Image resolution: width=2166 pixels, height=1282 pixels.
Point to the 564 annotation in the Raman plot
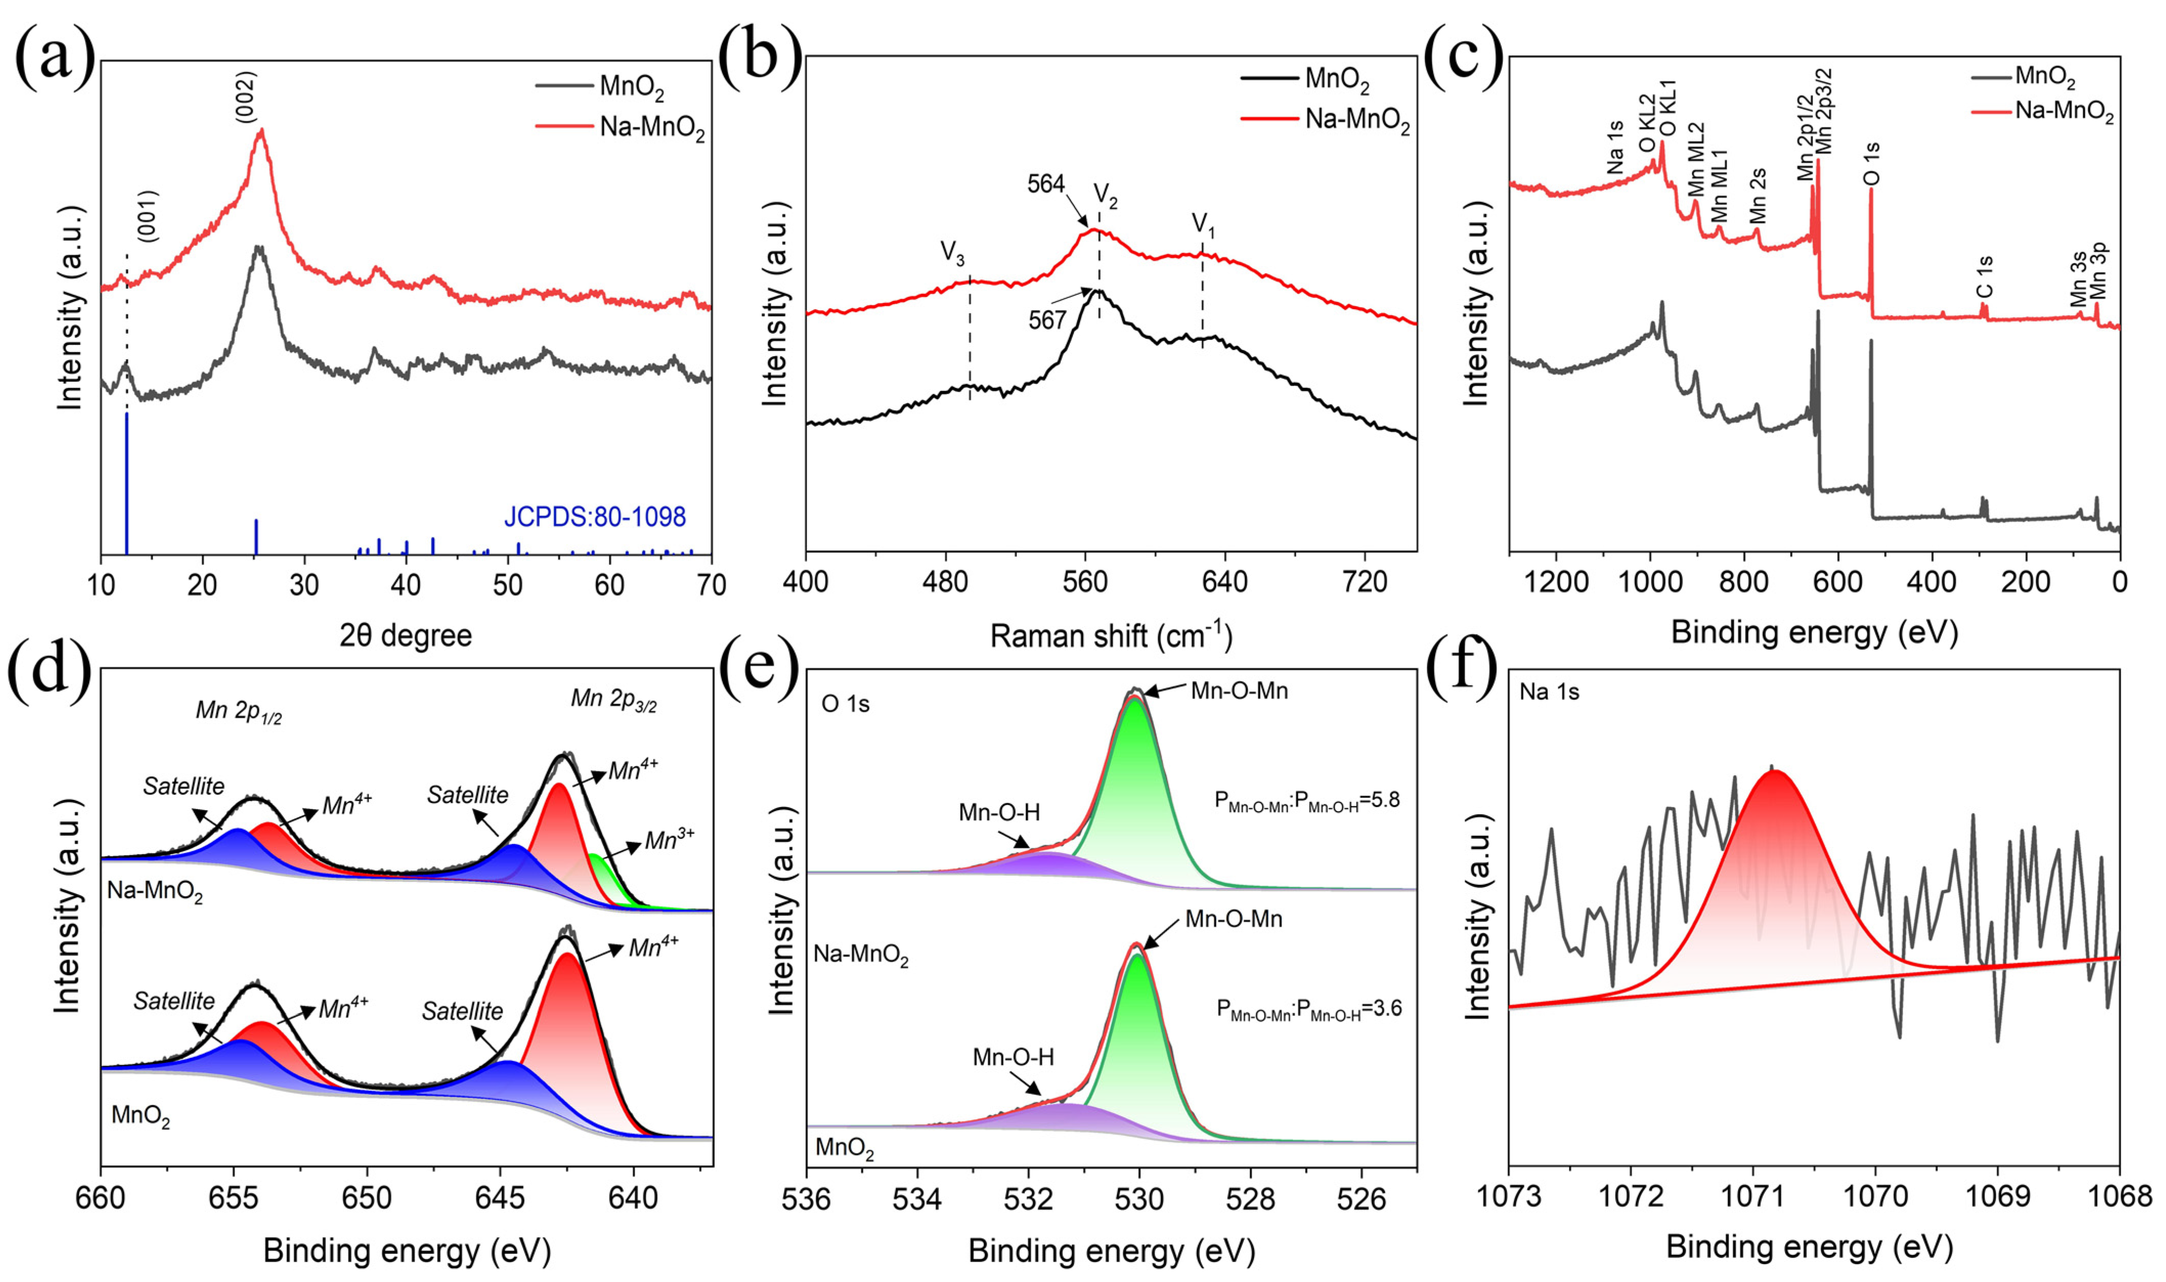[x=1046, y=183]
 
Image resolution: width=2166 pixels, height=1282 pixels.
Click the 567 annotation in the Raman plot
[x=1047, y=320]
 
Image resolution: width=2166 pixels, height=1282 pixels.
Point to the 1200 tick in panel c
[x=1557, y=582]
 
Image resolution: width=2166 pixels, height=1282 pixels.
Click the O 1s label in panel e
[x=845, y=704]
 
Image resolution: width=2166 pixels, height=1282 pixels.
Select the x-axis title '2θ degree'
[x=406, y=636]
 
